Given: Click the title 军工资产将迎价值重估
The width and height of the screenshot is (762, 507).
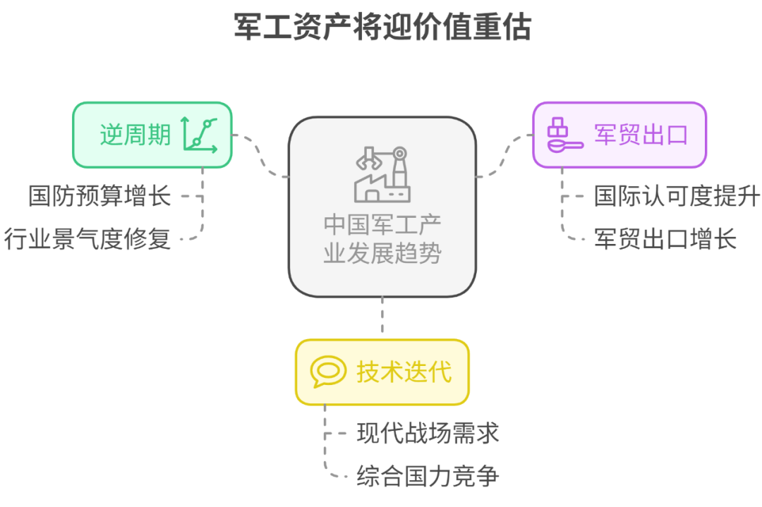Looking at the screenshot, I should [382, 28].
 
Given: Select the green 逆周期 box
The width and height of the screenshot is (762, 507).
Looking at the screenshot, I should [152, 135].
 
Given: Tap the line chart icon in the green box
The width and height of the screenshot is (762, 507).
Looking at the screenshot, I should [200, 134].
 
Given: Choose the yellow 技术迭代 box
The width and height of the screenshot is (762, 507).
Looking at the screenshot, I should [382, 372].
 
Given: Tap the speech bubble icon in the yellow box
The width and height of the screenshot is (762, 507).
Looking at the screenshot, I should [328, 372].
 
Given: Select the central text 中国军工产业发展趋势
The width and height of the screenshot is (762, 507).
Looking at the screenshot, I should [382, 238].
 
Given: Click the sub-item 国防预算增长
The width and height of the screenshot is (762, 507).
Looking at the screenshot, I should [99, 195].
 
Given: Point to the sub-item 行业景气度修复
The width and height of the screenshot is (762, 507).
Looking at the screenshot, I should [87, 239].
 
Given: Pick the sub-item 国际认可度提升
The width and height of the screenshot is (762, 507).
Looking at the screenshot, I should [677, 195].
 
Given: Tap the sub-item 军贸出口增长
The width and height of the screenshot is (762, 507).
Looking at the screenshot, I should [665, 239].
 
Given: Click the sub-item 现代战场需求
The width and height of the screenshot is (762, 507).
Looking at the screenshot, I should [428, 432].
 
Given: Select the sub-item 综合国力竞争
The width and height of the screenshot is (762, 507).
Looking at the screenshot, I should [428, 476].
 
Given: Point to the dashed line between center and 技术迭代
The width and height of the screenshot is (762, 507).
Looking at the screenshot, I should [382, 317].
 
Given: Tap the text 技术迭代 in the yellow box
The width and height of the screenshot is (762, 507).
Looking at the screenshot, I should [404, 372].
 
